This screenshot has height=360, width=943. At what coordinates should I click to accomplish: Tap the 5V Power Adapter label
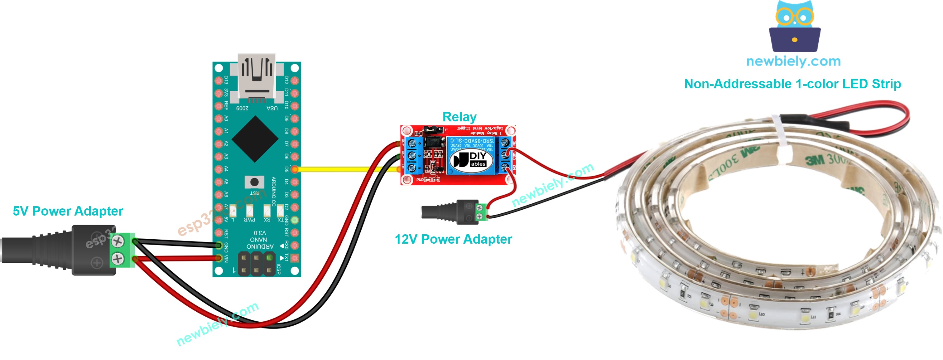pyautogui.click(x=68, y=211)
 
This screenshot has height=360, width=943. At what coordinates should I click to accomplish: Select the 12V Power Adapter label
pyautogui.click(x=453, y=240)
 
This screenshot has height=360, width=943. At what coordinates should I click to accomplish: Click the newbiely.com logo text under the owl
pyautogui.click(x=793, y=61)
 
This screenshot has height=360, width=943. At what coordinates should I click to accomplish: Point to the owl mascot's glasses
pyautogui.click(x=794, y=17)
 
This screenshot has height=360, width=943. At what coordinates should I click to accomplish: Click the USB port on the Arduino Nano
pyautogui.click(x=256, y=77)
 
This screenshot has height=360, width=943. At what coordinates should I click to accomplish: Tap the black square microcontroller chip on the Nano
pyautogui.click(x=255, y=139)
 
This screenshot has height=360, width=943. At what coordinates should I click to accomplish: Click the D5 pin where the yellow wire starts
pyautogui.click(x=295, y=169)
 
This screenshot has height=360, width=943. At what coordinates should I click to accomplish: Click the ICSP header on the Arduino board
pyautogui.click(x=256, y=264)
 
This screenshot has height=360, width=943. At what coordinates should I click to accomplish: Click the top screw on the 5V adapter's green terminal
pyautogui.click(x=118, y=241)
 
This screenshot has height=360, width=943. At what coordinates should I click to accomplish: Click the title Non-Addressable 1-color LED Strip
pyautogui.click(x=792, y=84)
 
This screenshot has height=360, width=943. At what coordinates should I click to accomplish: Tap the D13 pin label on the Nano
pyautogui.click(x=226, y=80)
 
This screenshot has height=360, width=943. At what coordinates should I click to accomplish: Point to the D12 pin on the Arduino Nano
pyautogui.click(x=295, y=80)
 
